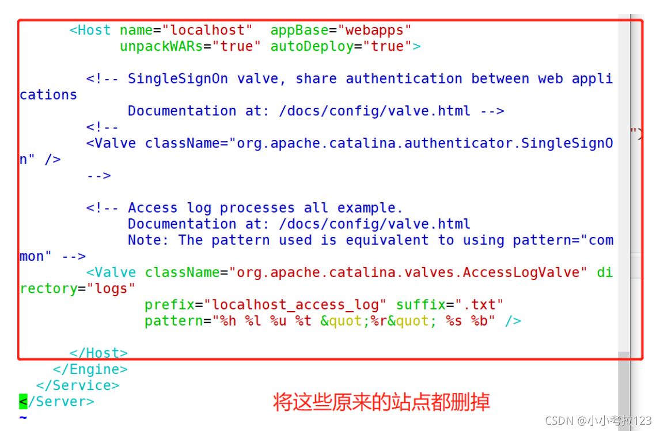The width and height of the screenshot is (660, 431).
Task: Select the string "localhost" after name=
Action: coord(211,30)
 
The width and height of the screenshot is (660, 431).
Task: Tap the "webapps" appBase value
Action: coord(374,30)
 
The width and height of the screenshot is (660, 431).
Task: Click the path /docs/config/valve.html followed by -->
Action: coord(374,111)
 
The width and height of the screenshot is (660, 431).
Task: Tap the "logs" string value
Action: coord(111,289)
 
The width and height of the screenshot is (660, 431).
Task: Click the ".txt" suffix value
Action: coord(479,305)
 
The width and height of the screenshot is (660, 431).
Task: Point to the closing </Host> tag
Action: coord(98,353)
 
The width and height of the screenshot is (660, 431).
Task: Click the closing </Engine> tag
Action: coord(90,369)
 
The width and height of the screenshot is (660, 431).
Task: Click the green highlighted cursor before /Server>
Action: coord(23,401)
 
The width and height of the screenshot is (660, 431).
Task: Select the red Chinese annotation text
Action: coord(381,402)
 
